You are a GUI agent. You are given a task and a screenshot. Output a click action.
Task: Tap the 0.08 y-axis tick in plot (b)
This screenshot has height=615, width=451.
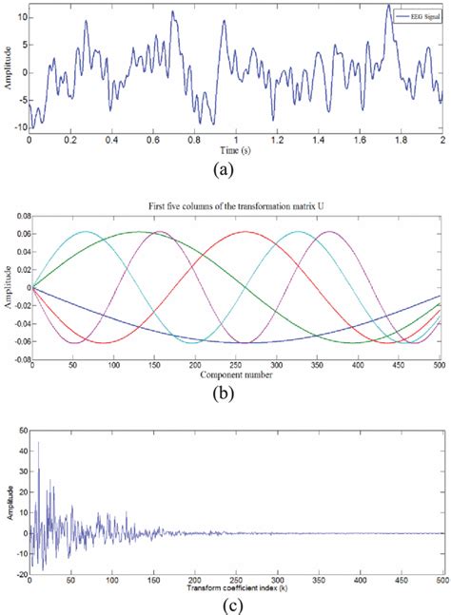[19, 216]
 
